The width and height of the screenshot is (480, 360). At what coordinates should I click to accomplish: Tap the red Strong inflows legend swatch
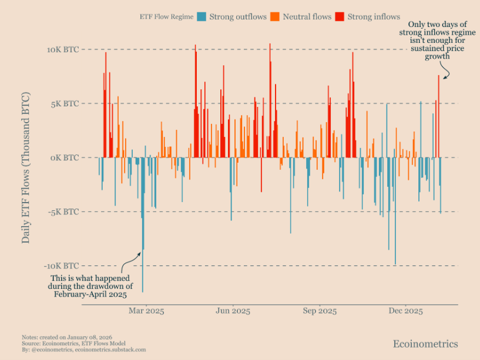(340, 17)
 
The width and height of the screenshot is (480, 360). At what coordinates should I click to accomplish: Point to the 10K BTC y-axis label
(63, 49)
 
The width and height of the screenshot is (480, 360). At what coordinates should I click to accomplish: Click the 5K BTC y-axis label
(65, 103)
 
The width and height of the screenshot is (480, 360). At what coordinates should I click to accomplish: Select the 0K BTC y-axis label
(65, 157)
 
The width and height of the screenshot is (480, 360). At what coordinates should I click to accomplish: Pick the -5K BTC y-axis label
(64, 211)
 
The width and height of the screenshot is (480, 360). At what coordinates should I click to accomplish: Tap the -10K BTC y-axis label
(62, 265)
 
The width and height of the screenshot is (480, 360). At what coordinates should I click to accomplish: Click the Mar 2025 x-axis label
(146, 310)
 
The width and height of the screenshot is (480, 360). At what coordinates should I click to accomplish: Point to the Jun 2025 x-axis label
(233, 310)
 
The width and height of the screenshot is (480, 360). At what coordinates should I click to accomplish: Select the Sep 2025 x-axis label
(320, 310)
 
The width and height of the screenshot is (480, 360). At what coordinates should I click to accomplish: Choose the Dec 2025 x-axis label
(405, 310)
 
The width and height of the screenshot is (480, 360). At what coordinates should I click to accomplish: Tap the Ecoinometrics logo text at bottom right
(425, 344)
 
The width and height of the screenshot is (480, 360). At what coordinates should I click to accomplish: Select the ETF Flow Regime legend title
(166, 17)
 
